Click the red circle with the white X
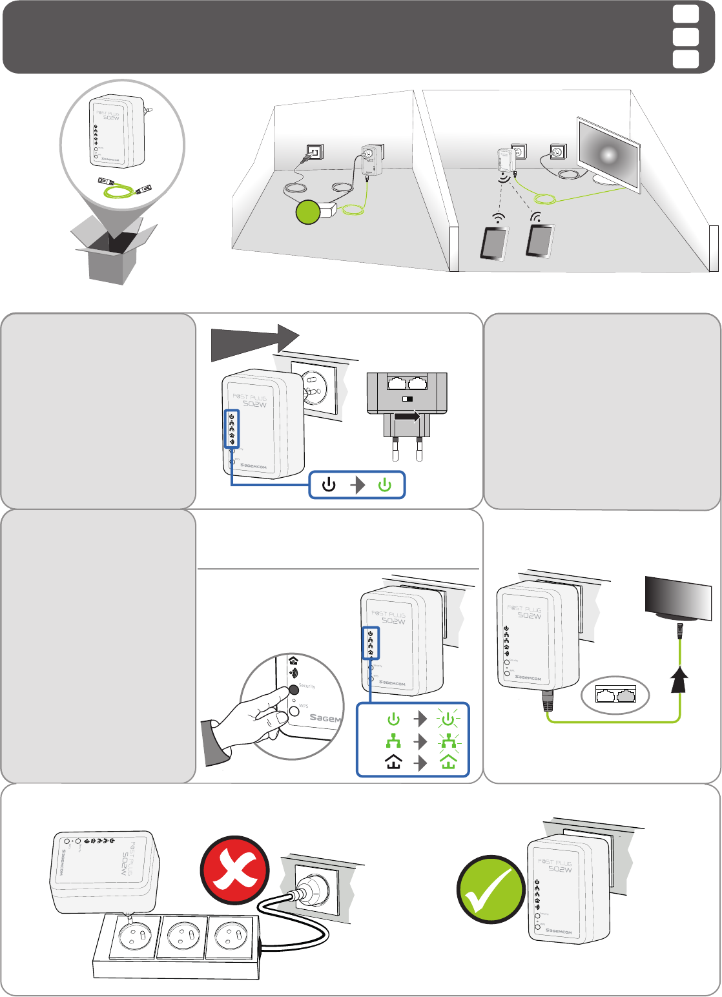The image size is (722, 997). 234,875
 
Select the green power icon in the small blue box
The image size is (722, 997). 385,486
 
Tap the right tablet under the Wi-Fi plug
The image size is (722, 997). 540,241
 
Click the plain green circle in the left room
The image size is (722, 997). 309,212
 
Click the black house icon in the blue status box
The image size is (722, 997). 393,763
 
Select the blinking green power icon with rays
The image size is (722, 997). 448,719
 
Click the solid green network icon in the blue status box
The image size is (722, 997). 393,740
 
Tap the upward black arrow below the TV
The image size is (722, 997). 678,681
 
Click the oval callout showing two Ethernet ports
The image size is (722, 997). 615,695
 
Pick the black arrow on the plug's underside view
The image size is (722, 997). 406,418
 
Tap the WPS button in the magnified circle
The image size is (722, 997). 294,710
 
